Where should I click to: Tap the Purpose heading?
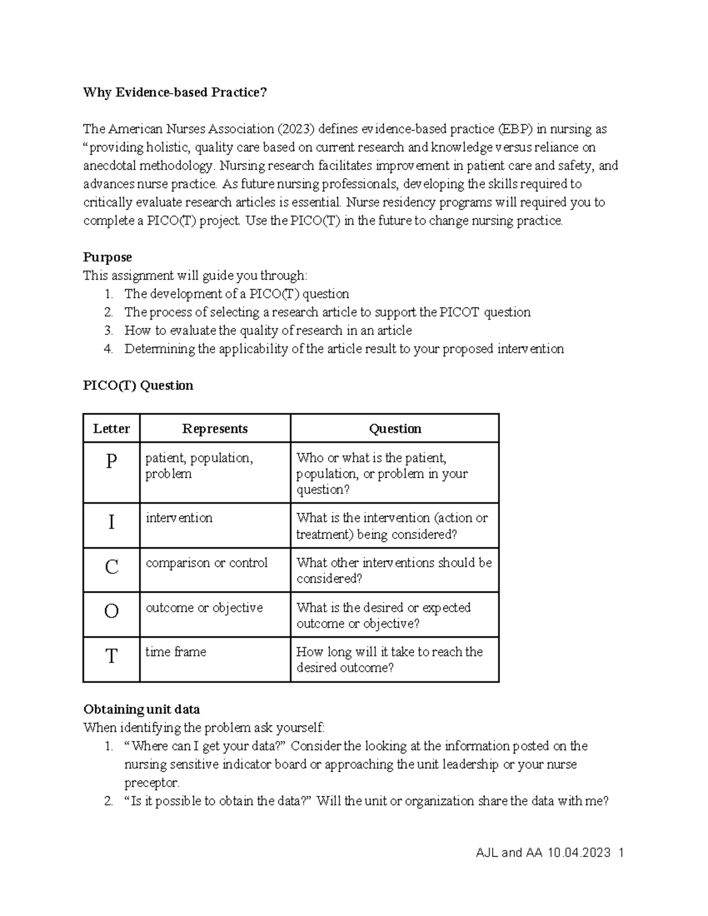tap(107, 257)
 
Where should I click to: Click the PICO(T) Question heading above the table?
tap(138, 386)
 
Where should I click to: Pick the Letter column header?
tap(112, 429)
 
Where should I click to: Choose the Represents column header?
tap(215, 429)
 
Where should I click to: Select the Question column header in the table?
tap(395, 429)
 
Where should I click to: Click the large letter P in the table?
tap(112, 461)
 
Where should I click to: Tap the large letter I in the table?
tap(112, 523)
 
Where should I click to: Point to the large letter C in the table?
tap(112, 567)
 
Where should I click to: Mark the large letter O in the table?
tap(112, 612)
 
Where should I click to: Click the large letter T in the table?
tap(112, 656)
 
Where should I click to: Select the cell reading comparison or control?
tap(206, 563)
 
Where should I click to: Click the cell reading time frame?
tap(176, 652)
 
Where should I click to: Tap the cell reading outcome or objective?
tap(204, 608)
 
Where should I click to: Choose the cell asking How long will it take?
tap(389, 659)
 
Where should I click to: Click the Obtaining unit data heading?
tap(142, 709)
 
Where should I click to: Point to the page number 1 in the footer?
tap(621, 853)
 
